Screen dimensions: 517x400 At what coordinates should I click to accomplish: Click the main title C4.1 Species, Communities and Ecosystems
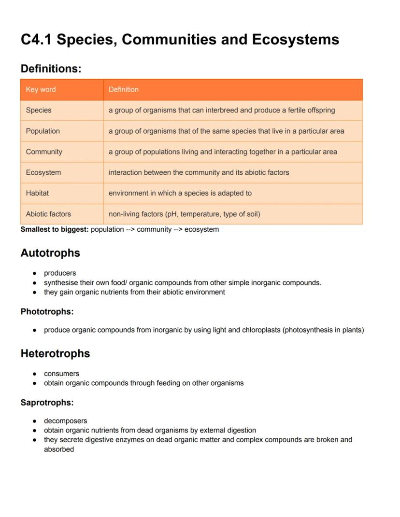(x=180, y=40)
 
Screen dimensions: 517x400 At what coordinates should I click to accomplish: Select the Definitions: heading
(x=51, y=69)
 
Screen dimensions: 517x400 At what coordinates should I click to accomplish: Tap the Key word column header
(x=41, y=89)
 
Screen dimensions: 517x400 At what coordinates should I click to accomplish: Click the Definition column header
(x=123, y=89)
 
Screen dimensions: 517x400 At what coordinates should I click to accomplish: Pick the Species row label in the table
(x=39, y=110)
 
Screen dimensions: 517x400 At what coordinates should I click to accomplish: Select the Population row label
(x=43, y=131)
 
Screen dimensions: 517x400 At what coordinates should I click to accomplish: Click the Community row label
(x=44, y=152)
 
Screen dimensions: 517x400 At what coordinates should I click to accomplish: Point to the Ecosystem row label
(x=43, y=172)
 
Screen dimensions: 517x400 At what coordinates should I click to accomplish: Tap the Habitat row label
(x=37, y=193)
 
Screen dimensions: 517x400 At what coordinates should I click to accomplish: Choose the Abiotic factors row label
(x=48, y=214)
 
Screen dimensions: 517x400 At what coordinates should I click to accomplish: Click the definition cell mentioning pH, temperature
(x=184, y=214)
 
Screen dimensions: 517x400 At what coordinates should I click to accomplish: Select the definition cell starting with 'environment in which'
(x=180, y=193)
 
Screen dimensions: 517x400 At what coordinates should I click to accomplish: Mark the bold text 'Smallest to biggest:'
(x=55, y=229)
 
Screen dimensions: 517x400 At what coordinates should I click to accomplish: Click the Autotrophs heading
(x=50, y=253)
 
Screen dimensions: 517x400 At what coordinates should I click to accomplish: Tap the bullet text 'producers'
(x=60, y=273)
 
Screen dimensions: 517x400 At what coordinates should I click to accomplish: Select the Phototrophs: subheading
(x=47, y=312)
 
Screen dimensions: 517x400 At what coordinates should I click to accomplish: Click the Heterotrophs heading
(x=55, y=353)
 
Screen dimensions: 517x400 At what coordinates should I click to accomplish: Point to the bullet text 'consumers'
(x=61, y=374)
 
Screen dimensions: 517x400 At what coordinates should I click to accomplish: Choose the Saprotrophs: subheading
(x=47, y=403)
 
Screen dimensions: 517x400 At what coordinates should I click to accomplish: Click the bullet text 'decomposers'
(x=65, y=421)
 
